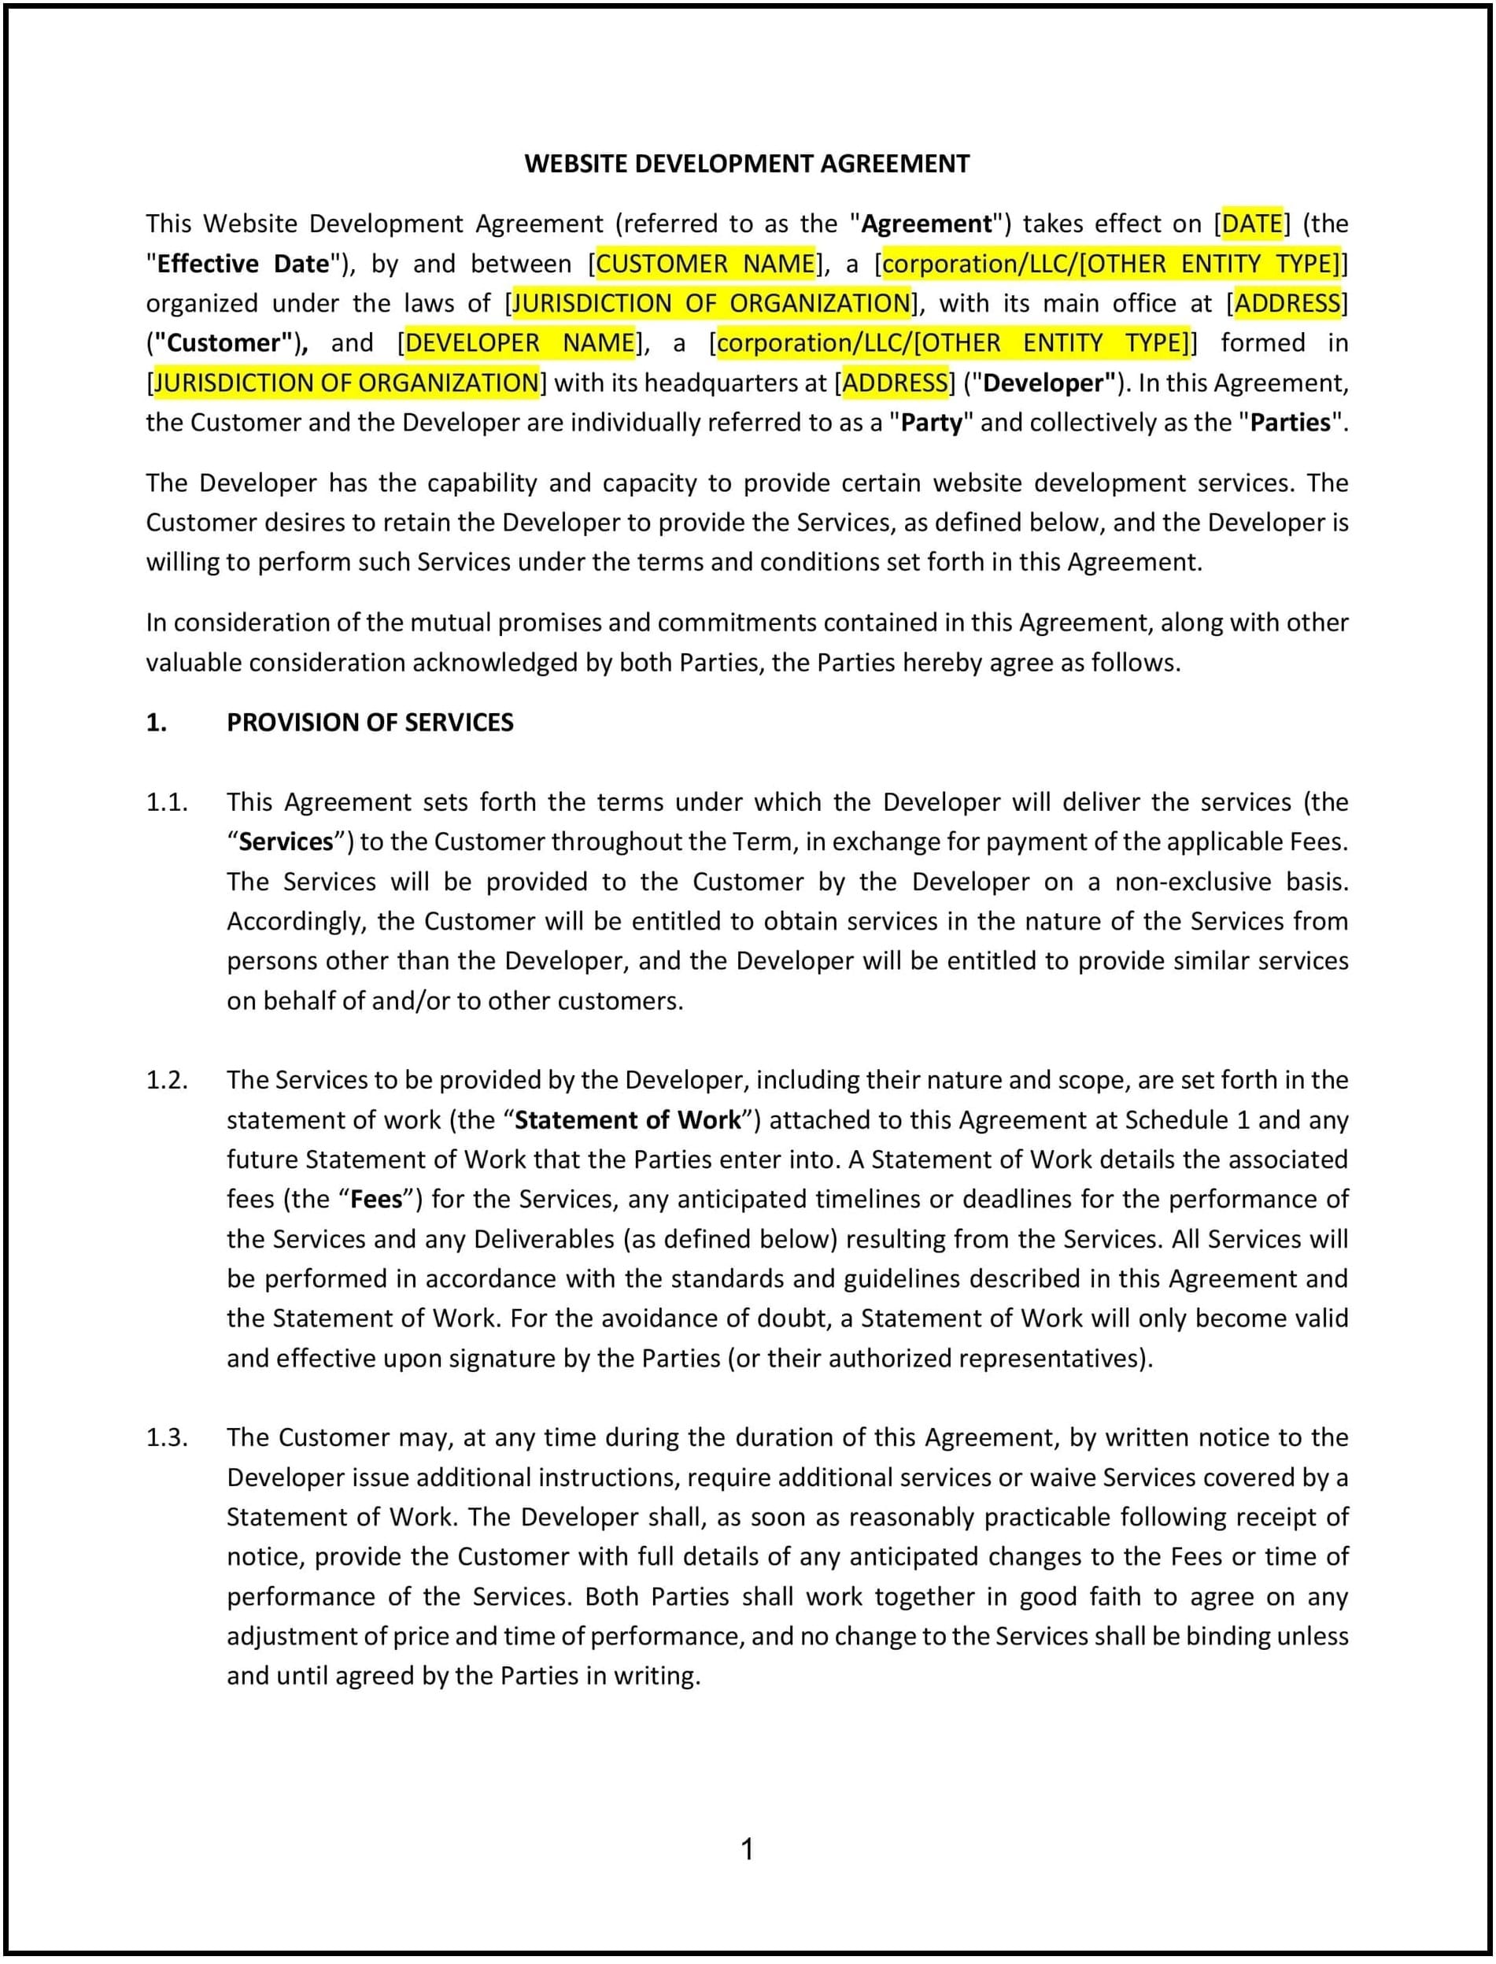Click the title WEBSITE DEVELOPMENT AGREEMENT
[746, 164]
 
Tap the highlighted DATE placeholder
[1251, 224]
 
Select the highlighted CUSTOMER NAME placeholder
[704, 264]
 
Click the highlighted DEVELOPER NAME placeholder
[519, 343]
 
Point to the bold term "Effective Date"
[242, 264]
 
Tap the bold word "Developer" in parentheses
[1047, 383]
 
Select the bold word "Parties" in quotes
[1291, 422]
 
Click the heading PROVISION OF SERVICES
[370, 723]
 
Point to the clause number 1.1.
[167, 802]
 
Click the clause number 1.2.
[167, 1081]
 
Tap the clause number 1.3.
[167, 1437]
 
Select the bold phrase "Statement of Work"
[627, 1120]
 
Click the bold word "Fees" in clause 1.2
[377, 1200]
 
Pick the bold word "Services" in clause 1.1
[286, 841]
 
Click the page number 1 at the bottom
[747, 1850]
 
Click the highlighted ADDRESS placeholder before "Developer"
[895, 383]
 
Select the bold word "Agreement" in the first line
[926, 224]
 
